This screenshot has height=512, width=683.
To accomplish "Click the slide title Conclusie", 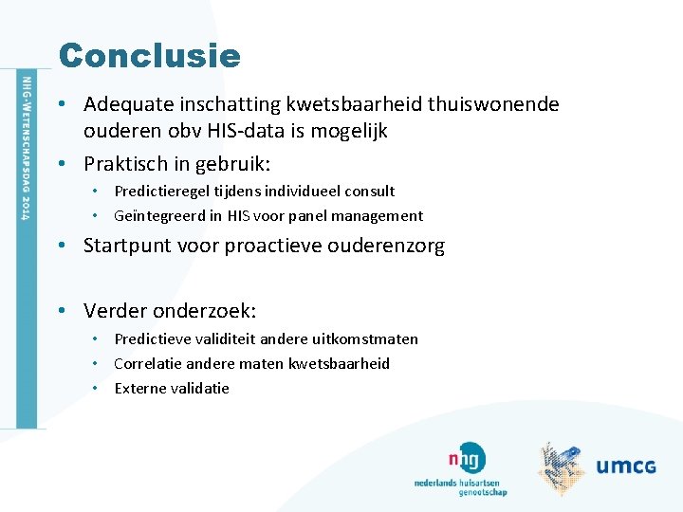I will pos(149,55).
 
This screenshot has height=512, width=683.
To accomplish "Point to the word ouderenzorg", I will pos(386,246).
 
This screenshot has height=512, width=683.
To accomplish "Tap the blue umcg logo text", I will pos(626,466).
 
